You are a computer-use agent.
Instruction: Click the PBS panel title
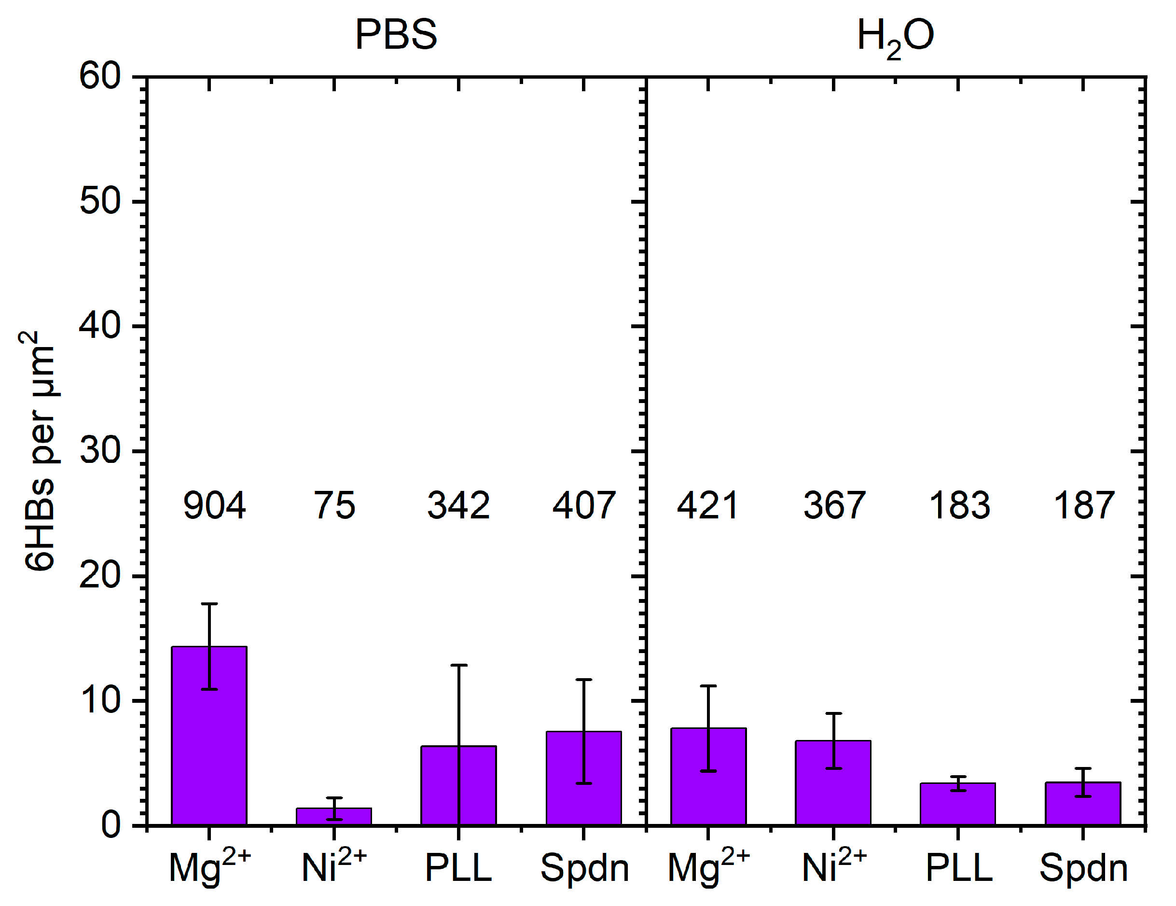pos(396,35)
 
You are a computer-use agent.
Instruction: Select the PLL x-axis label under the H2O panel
pos(959,868)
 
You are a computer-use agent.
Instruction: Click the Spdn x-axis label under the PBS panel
pos(585,868)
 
